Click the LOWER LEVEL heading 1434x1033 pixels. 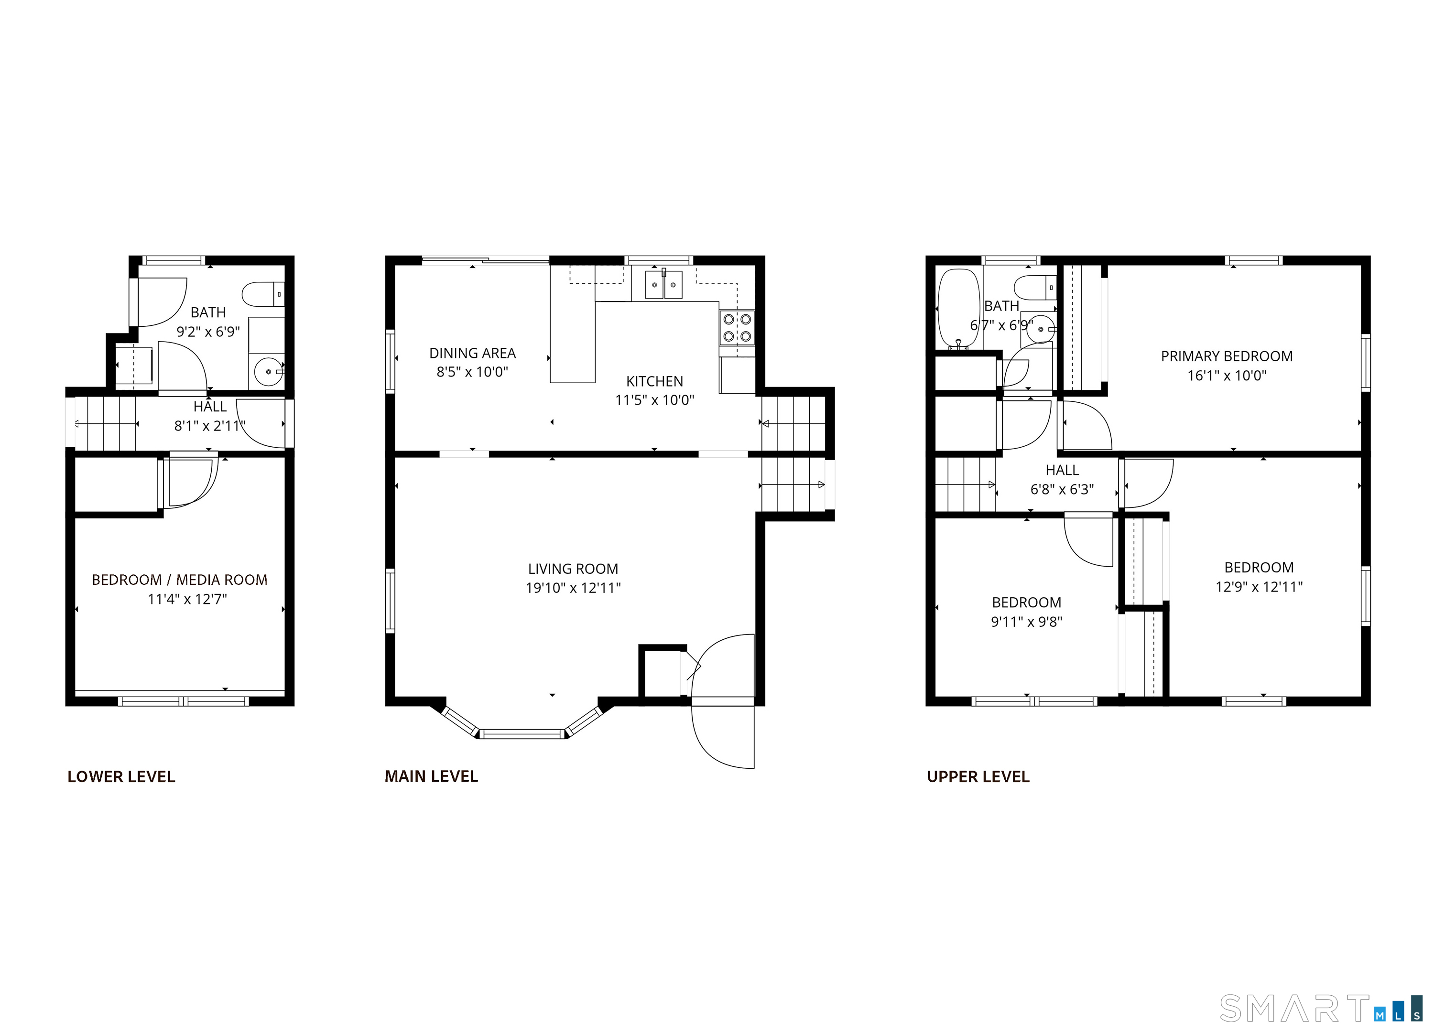121,776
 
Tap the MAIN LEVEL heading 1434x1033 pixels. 431,776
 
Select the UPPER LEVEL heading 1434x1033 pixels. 978,776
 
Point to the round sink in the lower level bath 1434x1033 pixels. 269,372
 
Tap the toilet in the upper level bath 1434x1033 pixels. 1035,288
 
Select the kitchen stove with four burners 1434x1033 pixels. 737,327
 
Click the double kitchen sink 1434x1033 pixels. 664,284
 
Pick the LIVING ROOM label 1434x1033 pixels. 573,569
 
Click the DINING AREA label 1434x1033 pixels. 472,354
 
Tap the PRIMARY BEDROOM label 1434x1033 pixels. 1227,356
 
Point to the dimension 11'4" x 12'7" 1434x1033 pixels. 187,599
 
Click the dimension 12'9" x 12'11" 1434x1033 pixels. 1259,587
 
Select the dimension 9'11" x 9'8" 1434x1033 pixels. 1026,622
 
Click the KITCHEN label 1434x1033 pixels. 654,381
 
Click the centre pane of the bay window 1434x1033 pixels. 521,734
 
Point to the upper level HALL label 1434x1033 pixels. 1062,470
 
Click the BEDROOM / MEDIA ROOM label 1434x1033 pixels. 180,580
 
